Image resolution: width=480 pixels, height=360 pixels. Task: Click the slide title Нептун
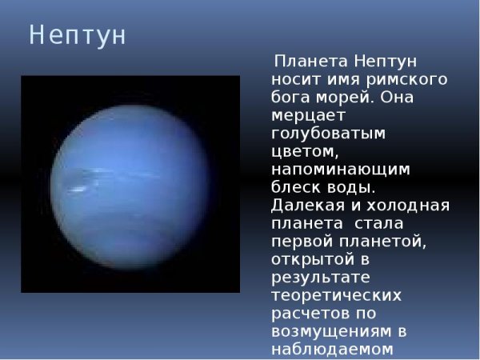point(78,36)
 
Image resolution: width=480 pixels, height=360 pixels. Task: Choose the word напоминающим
point(341,170)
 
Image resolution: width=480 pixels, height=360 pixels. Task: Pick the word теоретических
point(335,294)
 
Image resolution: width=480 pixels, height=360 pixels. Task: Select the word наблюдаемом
point(330,348)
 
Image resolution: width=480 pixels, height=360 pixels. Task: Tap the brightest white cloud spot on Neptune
point(78,189)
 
